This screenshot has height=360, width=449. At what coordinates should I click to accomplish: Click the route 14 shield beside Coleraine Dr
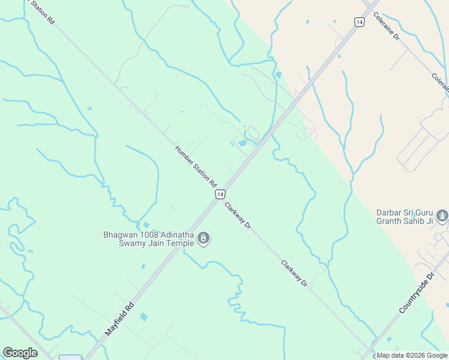click(x=359, y=22)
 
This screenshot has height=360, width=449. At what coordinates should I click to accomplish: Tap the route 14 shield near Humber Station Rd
click(x=221, y=194)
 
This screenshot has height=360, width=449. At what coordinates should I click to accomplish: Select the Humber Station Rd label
click(x=196, y=166)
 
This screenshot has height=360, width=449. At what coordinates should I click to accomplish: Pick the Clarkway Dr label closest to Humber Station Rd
click(x=238, y=216)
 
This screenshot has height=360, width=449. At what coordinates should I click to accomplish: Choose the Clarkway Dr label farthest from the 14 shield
click(x=295, y=273)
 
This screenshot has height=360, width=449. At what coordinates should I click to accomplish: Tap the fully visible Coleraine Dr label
click(x=388, y=28)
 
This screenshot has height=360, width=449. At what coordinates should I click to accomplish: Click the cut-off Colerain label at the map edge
click(x=440, y=83)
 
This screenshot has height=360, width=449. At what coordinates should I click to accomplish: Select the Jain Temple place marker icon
click(x=204, y=239)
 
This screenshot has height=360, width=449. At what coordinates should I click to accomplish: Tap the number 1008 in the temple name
click(x=148, y=235)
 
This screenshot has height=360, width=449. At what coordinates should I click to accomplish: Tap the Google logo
click(x=20, y=353)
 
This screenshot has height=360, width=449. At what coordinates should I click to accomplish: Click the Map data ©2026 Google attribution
click(x=412, y=355)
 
